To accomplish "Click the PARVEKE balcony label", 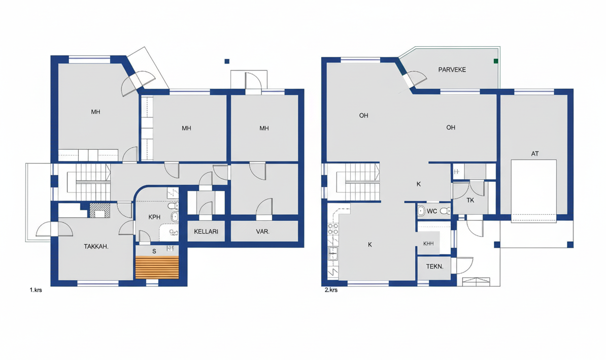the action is pyautogui.click(x=452, y=70).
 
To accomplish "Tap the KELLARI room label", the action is pyautogui.click(x=206, y=231).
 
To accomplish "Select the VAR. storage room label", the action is pyautogui.click(x=263, y=232).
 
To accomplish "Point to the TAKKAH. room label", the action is pyautogui.click(x=96, y=246).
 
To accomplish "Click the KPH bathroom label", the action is pyautogui.click(x=154, y=217).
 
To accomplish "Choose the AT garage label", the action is pyautogui.click(x=535, y=153).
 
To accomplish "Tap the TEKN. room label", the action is pyautogui.click(x=435, y=267).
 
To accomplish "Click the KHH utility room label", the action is pyautogui.click(x=428, y=244).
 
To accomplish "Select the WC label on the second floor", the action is pyautogui.click(x=432, y=211).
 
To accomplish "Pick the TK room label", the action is pyautogui.click(x=470, y=200).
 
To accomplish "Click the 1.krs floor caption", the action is pyautogui.click(x=36, y=289).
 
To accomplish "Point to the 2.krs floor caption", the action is pyautogui.click(x=331, y=289).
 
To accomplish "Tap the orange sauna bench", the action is pyautogui.click(x=157, y=267).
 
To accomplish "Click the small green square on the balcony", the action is pyautogui.click(x=496, y=61).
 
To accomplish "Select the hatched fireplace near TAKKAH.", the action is pyautogui.click(x=99, y=210).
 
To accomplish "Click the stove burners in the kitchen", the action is pyautogui.click(x=333, y=229).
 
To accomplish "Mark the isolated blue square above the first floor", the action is pyautogui.click(x=227, y=61).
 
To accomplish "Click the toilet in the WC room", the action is pyautogui.click(x=445, y=211).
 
